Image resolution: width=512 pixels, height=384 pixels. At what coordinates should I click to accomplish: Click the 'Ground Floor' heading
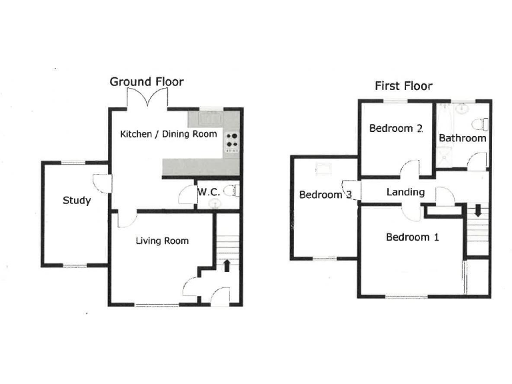click(147, 82)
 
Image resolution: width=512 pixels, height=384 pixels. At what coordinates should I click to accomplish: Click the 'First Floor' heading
click(403, 86)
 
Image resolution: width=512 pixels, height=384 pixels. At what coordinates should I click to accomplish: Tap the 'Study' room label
click(77, 200)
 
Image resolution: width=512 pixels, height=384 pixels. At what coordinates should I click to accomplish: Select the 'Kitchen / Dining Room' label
click(168, 134)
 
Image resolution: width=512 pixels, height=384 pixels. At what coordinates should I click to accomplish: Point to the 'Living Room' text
click(162, 241)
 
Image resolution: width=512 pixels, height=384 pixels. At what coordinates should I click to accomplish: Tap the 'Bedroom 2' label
click(396, 129)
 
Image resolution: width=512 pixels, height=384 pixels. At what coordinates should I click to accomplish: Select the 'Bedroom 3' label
click(325, 195)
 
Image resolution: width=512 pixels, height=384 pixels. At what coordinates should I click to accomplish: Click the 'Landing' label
click(405, 192)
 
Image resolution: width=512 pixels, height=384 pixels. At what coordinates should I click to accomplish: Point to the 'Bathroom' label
click(462, 138)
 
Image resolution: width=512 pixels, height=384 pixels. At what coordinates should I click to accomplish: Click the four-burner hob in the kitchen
click(232, 141)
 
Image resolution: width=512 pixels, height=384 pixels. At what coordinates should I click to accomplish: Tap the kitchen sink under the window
click(213, 119)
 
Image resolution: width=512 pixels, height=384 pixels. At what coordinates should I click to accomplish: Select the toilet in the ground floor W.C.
click(231, 192)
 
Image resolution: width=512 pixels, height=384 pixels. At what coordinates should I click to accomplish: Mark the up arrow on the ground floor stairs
click(227, 265)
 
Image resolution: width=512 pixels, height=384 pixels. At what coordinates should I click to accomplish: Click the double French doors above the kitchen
click(146, 99)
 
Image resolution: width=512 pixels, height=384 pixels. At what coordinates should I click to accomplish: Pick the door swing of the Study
click(100, 182)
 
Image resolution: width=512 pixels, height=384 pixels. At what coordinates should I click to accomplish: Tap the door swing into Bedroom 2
click(411, 169)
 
